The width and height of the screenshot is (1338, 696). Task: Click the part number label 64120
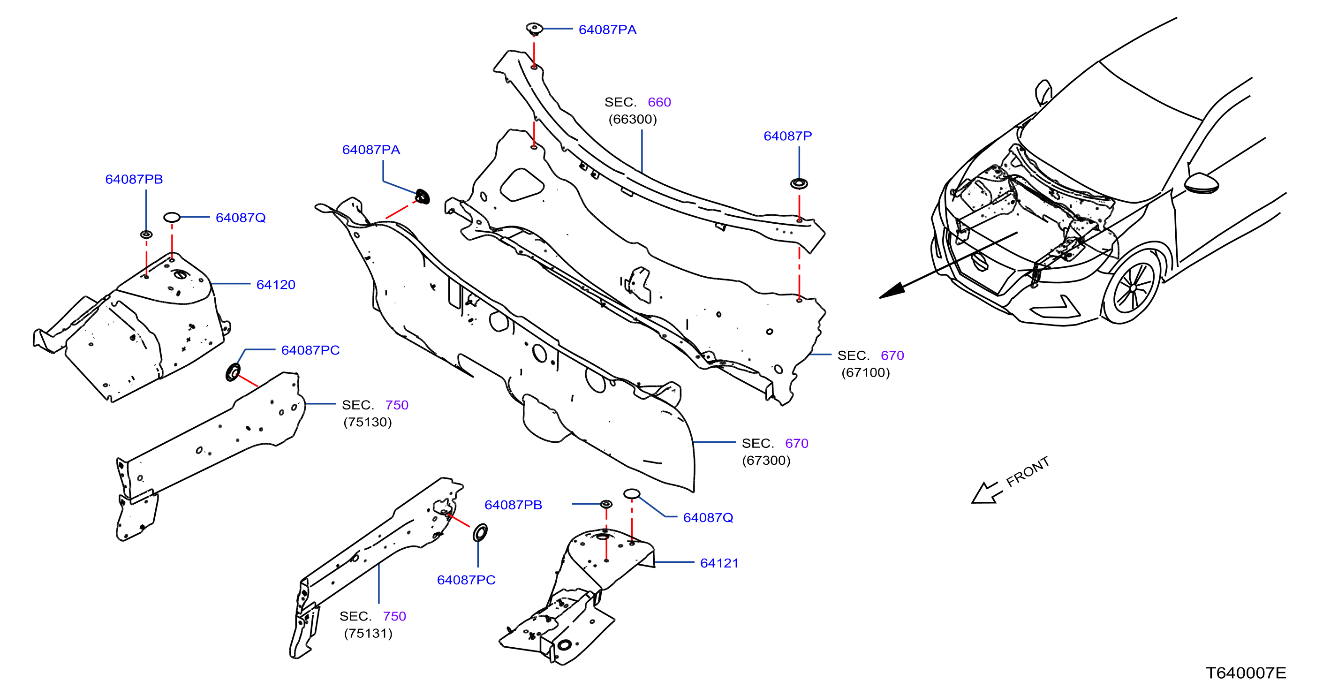tap(276, 285)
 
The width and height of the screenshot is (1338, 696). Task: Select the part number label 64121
tap(719, 563)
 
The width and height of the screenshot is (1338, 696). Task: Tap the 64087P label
tap(787, 136)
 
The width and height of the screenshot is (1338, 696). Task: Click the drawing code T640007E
tap(1246, 673)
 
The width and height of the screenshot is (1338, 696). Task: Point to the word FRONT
tap(1028, 472)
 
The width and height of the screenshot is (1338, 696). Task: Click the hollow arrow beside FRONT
tap(985, 493)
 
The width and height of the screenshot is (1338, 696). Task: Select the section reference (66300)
tap(633, 120)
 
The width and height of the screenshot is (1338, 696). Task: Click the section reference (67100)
tap(866, 372)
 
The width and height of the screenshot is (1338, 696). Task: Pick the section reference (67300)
tap(766, 460)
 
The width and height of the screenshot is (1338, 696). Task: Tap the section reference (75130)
tap(368, 422)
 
